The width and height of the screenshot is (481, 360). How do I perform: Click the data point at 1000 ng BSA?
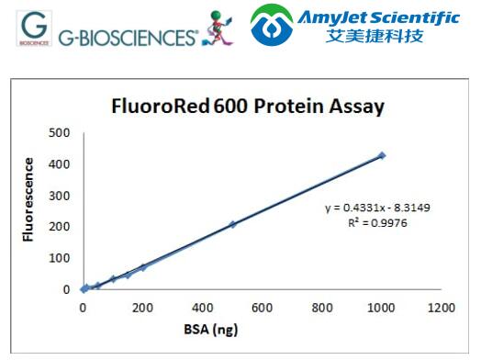pos(382,155)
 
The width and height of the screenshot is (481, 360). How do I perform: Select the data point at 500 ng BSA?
pos(232,224)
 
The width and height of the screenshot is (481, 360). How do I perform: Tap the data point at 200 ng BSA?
pos(143,267)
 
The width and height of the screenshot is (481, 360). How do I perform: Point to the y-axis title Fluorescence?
pos(29,199)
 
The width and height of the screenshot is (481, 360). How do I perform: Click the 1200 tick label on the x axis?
pos(441,307)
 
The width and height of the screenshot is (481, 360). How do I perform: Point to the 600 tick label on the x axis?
pos(262,307)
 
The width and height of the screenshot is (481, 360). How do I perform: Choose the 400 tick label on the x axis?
pos(202,307)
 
